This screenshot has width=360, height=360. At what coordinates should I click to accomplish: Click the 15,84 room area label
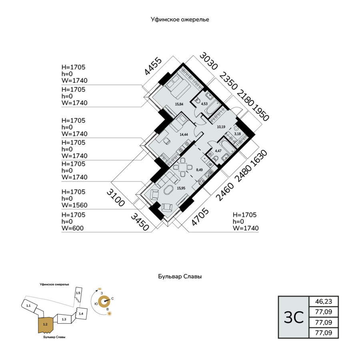(179, 104)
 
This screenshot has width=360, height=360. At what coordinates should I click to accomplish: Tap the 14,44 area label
(184, 134)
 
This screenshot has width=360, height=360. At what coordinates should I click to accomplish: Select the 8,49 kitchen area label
(199, 170)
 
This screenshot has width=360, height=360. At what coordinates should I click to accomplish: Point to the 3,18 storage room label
(237, 134)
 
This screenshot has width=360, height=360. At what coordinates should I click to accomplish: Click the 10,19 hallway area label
(221, 127)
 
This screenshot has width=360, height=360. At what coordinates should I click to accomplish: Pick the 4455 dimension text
(153, 66)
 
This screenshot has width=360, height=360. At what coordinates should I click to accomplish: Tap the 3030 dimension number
(208, 61)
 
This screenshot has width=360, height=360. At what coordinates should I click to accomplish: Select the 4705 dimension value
(200, 217)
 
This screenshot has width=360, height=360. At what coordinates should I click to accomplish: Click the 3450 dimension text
(140, 222)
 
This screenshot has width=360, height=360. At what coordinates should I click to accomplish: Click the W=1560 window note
(74, 205)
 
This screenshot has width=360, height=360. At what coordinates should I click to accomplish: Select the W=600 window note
(72, 228)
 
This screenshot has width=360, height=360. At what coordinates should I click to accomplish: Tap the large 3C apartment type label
(294, 318)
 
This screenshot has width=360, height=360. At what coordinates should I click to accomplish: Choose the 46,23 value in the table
(324, 301)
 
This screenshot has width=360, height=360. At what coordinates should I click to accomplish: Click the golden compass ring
(104, 302)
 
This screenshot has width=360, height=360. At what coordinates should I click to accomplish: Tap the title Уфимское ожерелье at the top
(180, 20)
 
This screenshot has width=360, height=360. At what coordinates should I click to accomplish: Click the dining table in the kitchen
(183, 167)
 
